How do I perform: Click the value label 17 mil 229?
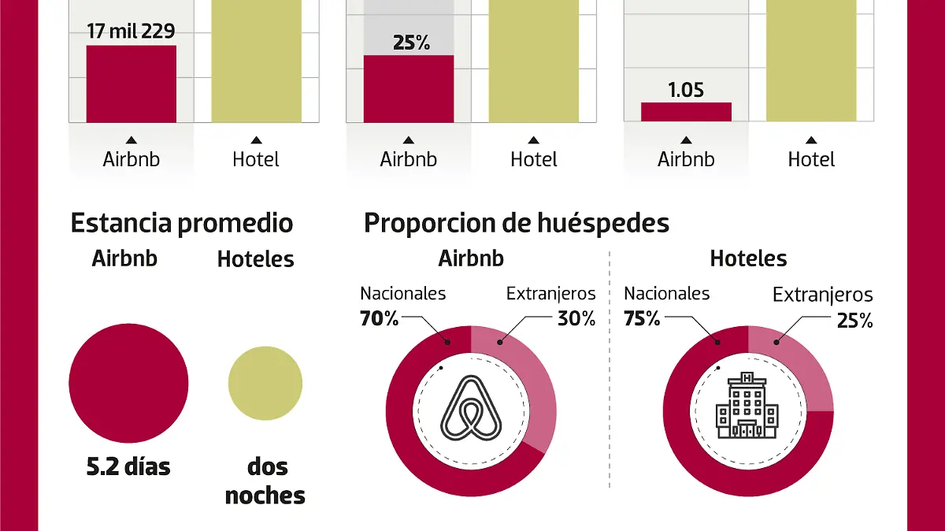[131, 32]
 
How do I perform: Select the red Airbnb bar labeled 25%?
[408, 88]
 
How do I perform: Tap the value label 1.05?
[685, 90]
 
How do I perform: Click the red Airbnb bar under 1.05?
[685, 112]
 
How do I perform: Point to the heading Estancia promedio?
[182, 223]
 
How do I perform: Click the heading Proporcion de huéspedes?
[516, 223]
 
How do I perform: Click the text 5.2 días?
[128, 466]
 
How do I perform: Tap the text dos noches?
[265, 481]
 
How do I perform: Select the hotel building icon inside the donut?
[747, 408]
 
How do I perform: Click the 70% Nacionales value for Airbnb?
[380, 319]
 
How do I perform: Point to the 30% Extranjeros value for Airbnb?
[576, 319]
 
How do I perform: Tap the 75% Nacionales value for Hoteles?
[642, 319]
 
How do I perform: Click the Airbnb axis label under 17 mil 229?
[131, 159]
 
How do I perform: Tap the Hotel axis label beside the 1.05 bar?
[810, 159]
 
